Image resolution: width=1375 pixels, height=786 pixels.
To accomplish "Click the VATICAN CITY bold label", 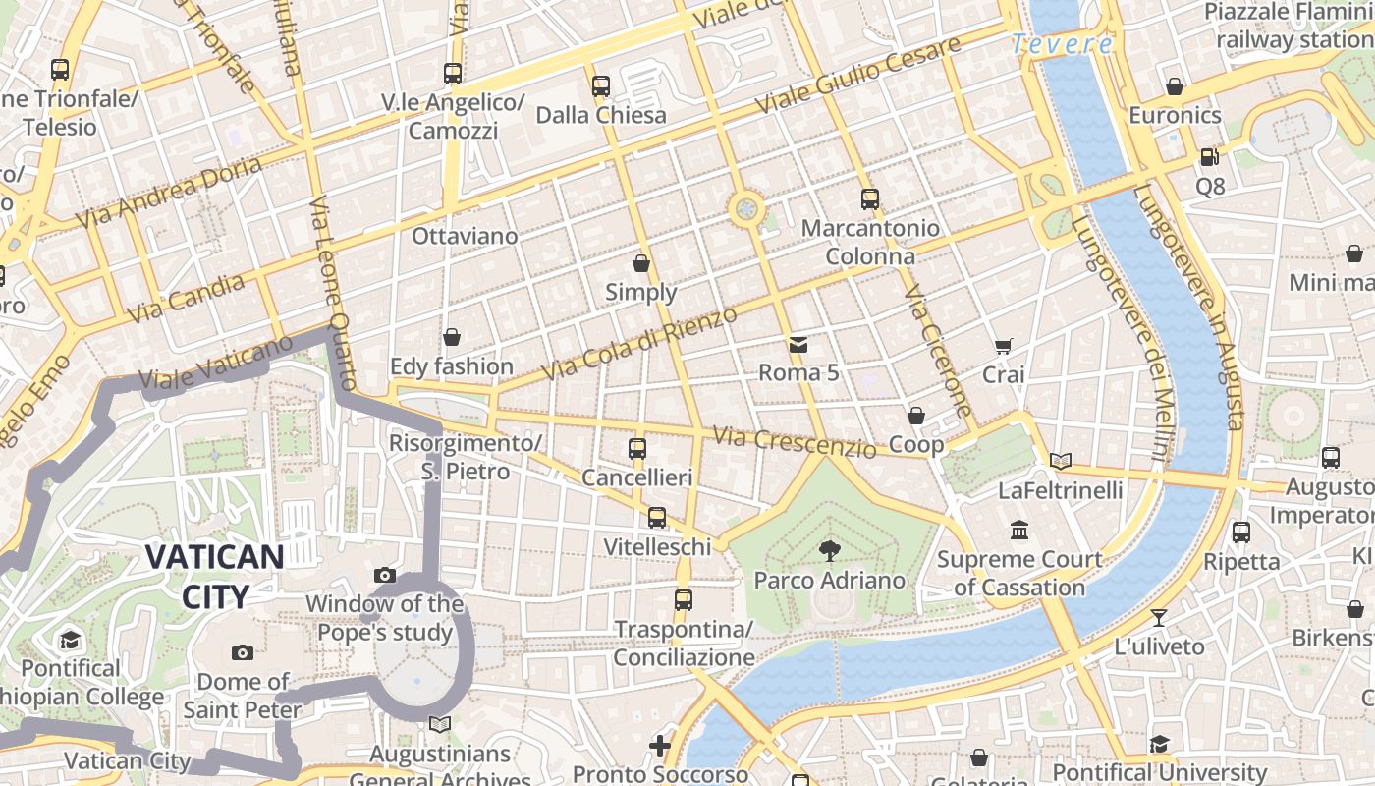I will point(215,576).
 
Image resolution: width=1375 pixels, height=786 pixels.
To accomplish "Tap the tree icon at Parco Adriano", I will point(829,551).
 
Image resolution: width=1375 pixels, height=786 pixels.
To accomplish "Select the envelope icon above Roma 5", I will point(797,345).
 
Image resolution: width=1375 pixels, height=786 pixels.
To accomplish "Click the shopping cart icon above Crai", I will point(1003,346).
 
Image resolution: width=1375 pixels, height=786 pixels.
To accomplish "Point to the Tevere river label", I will point(1063,44).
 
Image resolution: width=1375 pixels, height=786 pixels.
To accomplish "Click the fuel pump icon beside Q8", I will point(1209,157).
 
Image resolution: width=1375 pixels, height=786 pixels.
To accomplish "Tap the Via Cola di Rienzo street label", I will point(638,345).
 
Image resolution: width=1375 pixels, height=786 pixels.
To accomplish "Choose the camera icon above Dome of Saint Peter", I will point(242,652).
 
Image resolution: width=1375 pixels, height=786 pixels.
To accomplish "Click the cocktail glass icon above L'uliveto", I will point(1159,618).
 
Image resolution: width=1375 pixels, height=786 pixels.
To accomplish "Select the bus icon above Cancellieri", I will point(637,449).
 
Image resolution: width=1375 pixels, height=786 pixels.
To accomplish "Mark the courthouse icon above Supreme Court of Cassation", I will point(1019,530).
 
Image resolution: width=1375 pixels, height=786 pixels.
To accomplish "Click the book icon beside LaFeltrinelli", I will point(1061,461).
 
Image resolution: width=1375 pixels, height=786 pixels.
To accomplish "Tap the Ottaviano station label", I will point(465,236).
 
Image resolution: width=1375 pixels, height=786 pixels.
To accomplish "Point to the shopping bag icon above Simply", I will point(641,263).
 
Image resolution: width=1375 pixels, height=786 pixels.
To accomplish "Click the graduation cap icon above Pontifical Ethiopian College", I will point(70,641).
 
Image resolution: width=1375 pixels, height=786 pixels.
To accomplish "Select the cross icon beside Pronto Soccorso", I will point(660,746).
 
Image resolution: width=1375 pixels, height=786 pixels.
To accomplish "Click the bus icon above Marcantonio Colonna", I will point(869,199).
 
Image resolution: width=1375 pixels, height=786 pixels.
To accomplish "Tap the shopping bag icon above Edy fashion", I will point(452,338).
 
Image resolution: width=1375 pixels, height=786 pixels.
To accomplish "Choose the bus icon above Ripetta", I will point(1241,533).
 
